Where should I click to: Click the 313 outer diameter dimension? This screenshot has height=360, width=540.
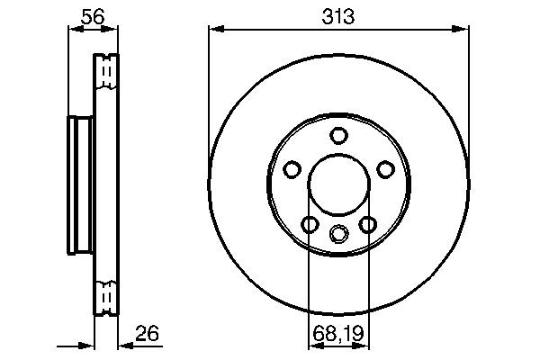[338, 14]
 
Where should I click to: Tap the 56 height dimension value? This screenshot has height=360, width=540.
[92, 14]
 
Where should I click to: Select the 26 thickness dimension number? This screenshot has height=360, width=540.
[146, 334]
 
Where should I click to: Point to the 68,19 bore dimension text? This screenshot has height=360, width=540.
[338, 334]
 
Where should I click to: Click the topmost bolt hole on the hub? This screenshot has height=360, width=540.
[338, 136]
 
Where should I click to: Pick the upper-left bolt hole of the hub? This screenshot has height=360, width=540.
[292, 169]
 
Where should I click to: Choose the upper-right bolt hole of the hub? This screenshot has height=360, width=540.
[385, 169]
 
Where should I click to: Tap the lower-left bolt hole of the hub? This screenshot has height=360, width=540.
[310, 224]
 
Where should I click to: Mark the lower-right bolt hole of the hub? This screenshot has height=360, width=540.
[367, 224]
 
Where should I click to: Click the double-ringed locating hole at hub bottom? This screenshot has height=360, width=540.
[338, 234]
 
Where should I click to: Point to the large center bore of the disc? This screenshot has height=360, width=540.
[338, 187]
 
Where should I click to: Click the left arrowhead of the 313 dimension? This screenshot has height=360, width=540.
[214, 30]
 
